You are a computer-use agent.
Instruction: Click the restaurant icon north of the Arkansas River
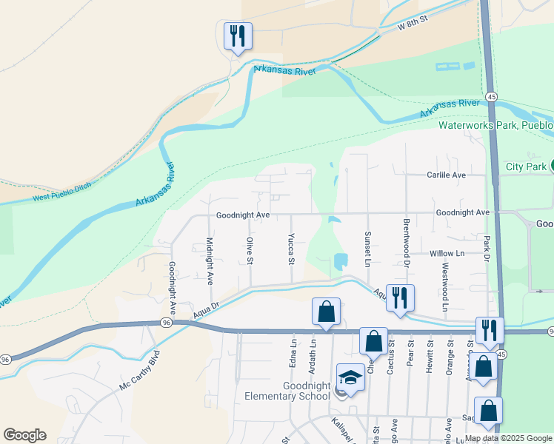(x=238, y=36)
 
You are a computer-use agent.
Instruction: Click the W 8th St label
(x=413, y=24)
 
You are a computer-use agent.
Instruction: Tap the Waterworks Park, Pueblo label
(x=495, y=125)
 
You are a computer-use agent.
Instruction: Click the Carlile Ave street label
(x=446, y=175)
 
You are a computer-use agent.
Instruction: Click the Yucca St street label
(x=291, y=250)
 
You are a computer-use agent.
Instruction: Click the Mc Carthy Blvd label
(x=139, y=371)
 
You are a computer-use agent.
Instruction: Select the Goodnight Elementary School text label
(x=287, y=391)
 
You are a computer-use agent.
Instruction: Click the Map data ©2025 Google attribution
(x=508, y=439)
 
